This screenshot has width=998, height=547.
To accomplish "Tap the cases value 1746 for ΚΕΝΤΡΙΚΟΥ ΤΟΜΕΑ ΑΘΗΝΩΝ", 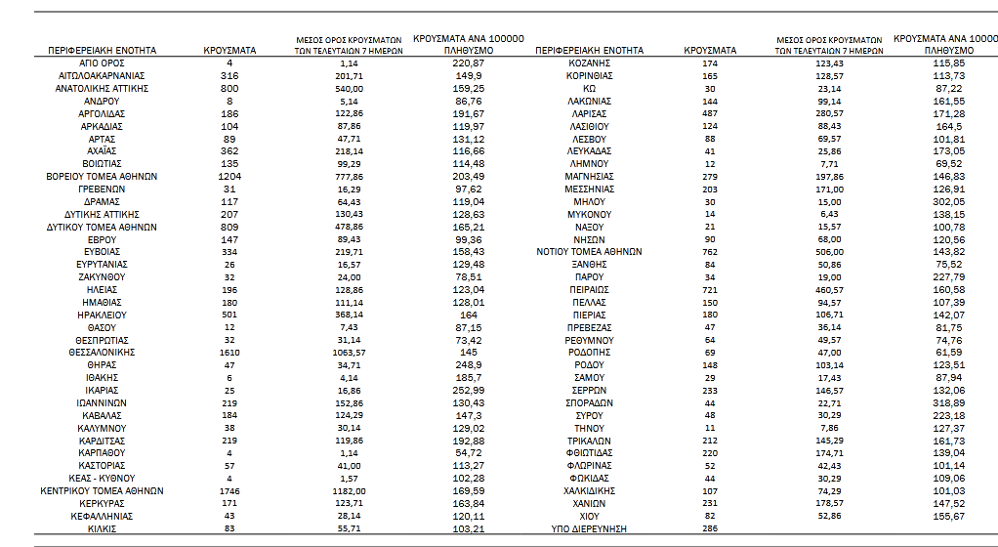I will (229, 490).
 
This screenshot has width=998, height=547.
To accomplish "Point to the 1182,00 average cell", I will (349, 490).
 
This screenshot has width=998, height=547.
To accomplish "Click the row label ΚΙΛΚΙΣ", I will (102, 528).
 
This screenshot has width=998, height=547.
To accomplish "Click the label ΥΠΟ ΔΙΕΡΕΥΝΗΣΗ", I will (589, 528).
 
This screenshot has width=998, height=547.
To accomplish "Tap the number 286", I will (710, 528).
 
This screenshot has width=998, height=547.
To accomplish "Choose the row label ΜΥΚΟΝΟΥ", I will (589, 214).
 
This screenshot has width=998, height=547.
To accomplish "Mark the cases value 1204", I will (229, 177).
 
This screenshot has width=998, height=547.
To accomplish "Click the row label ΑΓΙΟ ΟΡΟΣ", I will (102, 63).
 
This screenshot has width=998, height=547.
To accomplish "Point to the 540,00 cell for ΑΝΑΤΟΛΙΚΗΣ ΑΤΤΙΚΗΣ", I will (349, 88).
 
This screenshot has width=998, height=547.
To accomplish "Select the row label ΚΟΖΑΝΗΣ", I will (589, 63).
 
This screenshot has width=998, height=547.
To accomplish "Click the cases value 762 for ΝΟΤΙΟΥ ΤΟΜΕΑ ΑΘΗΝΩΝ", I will (710, 251).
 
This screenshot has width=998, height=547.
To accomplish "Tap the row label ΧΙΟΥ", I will (589, 516).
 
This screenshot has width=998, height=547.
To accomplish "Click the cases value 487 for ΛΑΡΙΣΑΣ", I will (710, 113).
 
